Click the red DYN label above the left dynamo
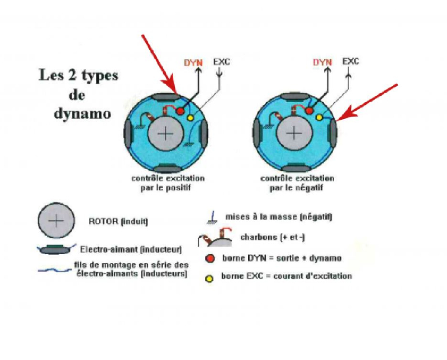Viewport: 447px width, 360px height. [x=194, y=63]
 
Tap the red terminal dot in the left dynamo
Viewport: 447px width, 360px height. [x=180, y=112]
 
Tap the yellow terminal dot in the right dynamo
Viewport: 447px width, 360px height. [x=319, y=117]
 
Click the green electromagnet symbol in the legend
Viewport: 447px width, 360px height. [x=55, y=248]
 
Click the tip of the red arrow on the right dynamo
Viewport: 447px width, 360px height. [x=337, y=118]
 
